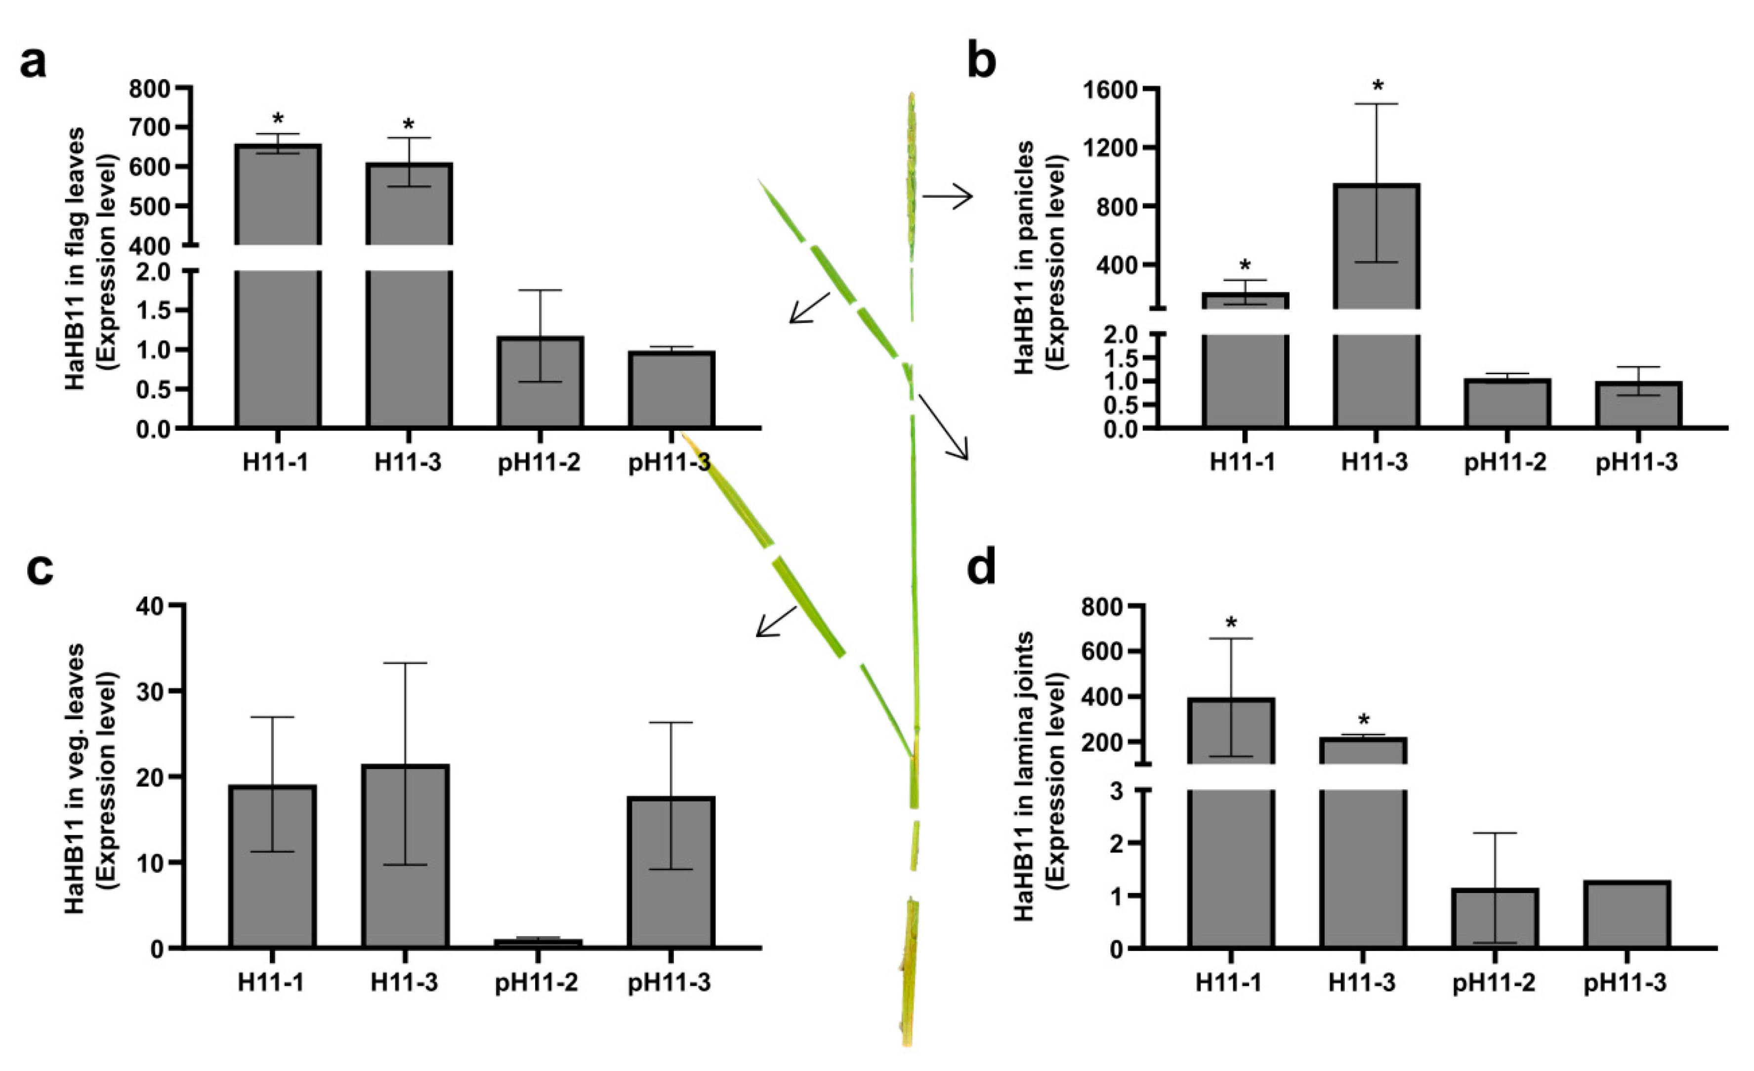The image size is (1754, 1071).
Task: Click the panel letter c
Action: point(39,570)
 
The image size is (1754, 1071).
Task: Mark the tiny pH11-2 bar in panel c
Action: point(538,943)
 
